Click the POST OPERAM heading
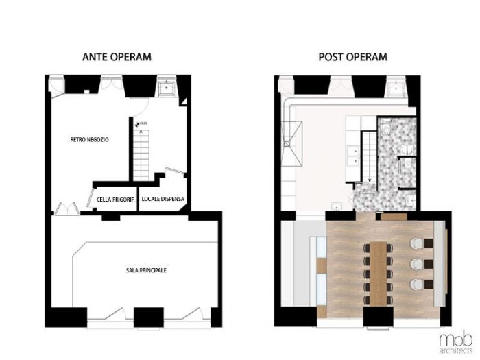click(353, 56)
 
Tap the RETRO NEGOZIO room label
click(89, 140)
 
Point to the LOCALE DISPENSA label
click(163, 200)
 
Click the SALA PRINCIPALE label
click(146, 270)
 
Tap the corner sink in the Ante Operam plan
click(167, 87)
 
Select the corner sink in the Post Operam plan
click(396, 87)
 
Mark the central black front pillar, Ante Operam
click(145, 317)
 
